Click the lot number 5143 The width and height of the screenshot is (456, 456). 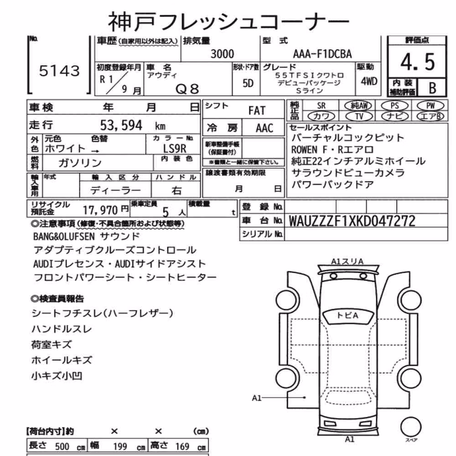tap(59, 71)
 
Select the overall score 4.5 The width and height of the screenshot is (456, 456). tap(417, 62)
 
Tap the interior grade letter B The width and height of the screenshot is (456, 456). tap(432, 88)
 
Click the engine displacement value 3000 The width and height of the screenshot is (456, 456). tap(222, 54)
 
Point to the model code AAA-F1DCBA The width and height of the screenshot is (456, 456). tap(322, 54)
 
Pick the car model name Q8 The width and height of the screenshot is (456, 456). tap(187, 89)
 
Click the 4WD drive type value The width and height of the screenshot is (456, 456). tap(369, 82)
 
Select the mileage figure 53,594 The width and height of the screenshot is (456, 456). tap(121, 125)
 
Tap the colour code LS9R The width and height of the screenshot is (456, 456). tap(175, 149)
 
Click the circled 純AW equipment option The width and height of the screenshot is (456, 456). tap(358, 106)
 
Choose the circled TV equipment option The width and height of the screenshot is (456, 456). tap(359, 116)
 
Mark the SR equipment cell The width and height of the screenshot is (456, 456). tap(321, 106)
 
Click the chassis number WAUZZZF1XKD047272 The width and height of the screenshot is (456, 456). tap(352, 221)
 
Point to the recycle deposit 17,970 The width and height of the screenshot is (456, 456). tap(100, 210)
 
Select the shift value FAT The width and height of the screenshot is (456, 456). tap(257, 110)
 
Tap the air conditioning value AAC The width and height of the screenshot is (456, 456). tap(264, 128)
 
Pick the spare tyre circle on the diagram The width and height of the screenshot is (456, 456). tap(411, 427)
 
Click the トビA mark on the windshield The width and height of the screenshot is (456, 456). tap(347, 315)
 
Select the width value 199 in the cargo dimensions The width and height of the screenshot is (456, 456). tap(120, 446)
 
